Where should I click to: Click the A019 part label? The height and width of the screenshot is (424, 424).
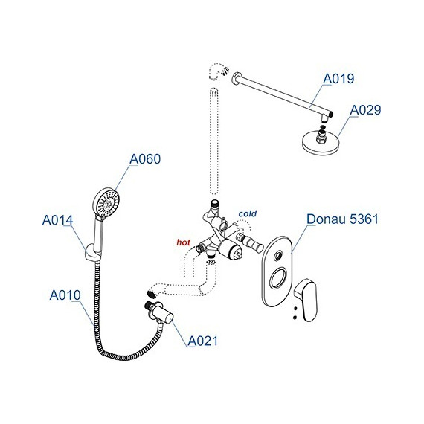tap(338, 79)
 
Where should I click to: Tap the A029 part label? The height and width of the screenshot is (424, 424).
tap(365, 110)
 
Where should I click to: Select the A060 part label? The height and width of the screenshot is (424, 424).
tap(145, 159)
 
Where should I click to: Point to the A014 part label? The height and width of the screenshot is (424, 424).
tap(57, 220)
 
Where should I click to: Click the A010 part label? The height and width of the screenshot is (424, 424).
tap(65, 295)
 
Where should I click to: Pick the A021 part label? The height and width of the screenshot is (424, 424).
tap(203, 341)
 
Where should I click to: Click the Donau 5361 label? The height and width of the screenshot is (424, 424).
tap(343, 219)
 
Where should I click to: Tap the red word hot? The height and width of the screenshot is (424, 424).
tap(184, 242)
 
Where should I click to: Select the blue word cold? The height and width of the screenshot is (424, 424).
tap(248, 214)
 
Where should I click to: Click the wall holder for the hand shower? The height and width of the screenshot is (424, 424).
tap(91, 253)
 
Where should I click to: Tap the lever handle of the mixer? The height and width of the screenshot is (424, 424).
tap(306, 300)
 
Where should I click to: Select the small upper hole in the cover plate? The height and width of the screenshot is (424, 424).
tap(277, 255)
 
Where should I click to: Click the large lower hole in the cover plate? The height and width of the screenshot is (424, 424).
tap(277, 277)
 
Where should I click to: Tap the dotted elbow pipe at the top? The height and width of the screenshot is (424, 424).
tap(216, 71)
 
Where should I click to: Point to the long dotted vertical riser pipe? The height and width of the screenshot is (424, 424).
tap(214, 141)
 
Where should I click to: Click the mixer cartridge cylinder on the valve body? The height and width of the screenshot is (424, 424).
tap(231, 250)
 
